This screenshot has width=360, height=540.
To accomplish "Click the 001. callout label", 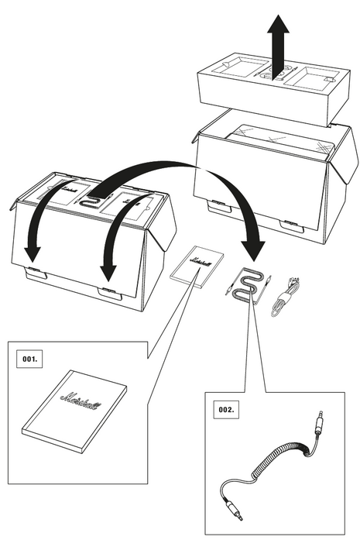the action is click(x=29, y=359).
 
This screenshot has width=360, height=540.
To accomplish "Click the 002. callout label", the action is click(x=226, y=410).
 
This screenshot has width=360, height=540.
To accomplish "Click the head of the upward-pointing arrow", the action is click(x=279, y=24).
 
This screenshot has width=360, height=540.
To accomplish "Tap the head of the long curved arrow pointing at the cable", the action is click(x=253, y=251).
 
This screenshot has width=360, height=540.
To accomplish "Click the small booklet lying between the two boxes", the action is click(x=197, y=267).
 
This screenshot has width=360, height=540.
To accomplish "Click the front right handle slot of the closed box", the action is click(x=110, y=293).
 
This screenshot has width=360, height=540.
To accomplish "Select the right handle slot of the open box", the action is click(x=291, y=226).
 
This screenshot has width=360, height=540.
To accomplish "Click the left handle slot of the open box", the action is click(x=218, y=205).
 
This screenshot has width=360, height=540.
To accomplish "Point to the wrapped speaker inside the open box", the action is click(x=279, y=141).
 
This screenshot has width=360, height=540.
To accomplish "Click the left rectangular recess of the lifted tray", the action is click(x=240, y=68).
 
